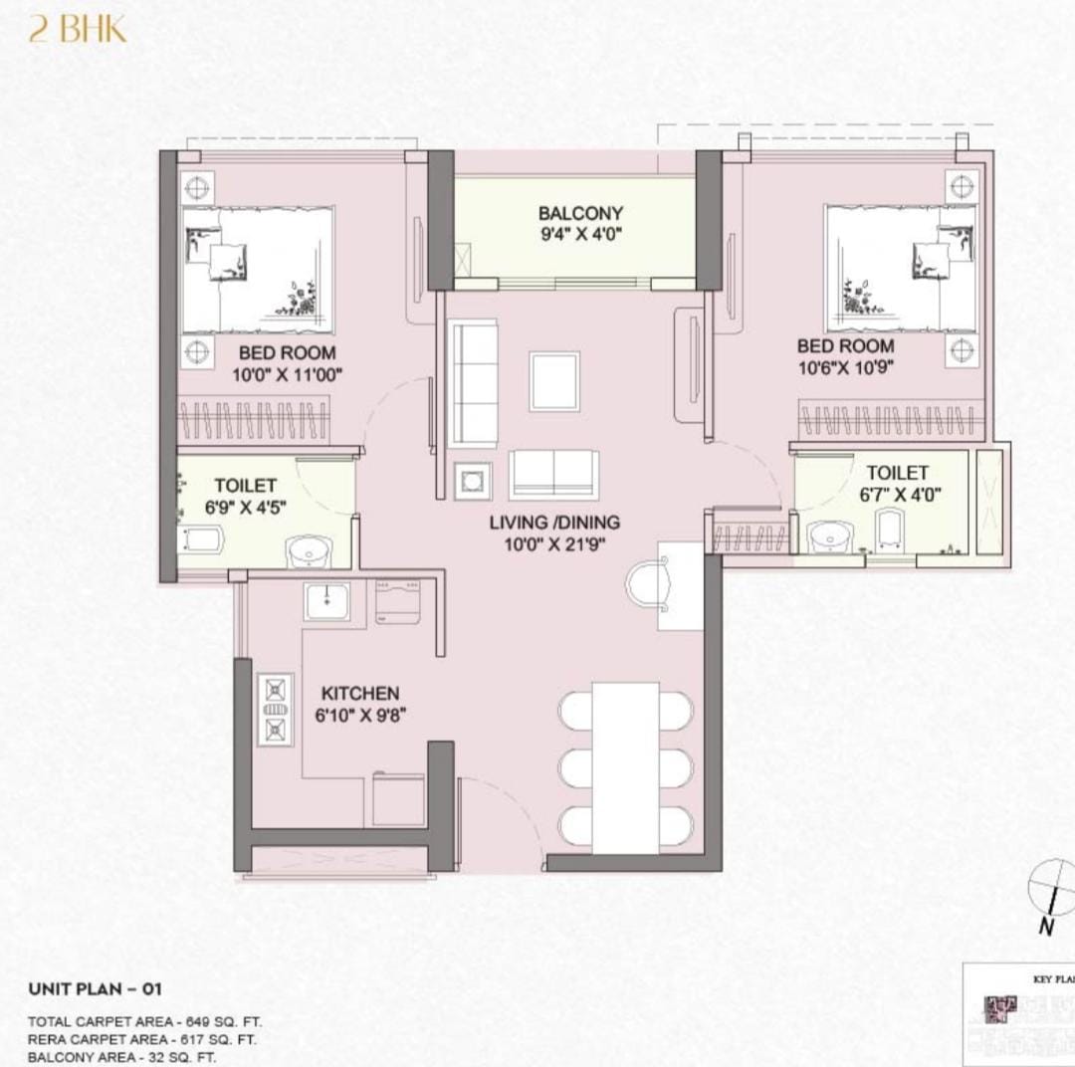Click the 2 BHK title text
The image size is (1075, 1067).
[78, 31]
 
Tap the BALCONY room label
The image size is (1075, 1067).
[580, 213]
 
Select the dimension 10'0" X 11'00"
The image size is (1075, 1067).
[287, 375]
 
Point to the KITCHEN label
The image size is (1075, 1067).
[360, 694]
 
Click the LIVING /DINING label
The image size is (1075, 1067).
[554, 523]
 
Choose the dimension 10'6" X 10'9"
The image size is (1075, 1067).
[845, 368]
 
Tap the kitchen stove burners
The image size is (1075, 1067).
[275, 710]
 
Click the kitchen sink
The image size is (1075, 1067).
[327, 601]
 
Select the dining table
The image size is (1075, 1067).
[625, 767]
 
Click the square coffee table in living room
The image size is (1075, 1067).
[554, 381]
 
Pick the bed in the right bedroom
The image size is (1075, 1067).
[900, 268]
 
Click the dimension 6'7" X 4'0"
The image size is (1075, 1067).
[900, 495]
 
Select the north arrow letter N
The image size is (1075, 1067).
[1046, 927]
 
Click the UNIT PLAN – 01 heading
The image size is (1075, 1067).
[95, 988]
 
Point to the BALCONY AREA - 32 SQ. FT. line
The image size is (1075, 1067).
[122, 1057]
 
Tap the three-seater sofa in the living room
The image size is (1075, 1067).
[474, 384]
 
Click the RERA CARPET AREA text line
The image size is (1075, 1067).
[142, 1039]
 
